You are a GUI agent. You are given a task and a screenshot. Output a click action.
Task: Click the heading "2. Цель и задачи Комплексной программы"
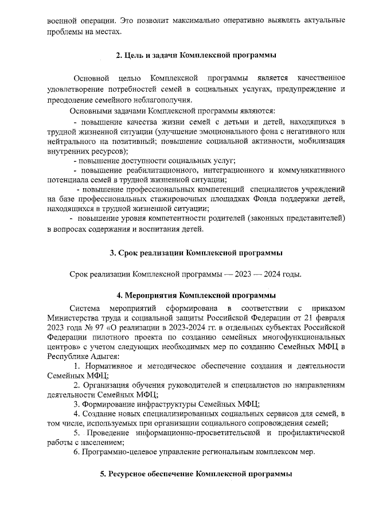coord(196,55)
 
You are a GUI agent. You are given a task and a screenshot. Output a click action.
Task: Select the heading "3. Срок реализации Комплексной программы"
coord(196,252)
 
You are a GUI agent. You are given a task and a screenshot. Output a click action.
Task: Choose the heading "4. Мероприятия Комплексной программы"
coord(196,296)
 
